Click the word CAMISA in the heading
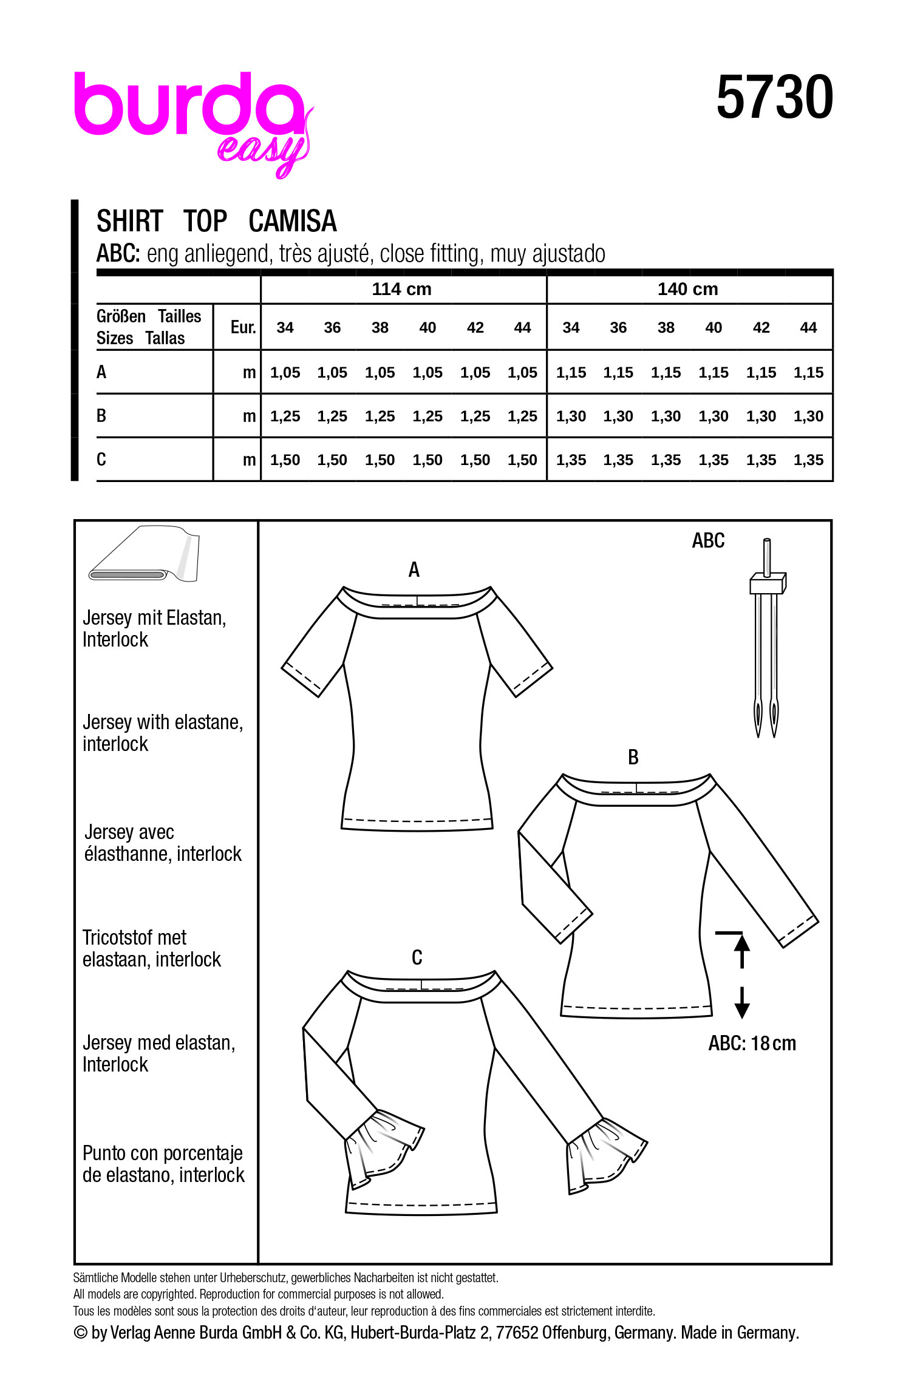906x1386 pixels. pyautogui.click(x=292, y=221)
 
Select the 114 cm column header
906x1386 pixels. pyautogui.click(x=401, y=289)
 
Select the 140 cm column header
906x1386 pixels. pyautogui.click(x=687, y=289)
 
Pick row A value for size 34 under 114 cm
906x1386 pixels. pyautogui.click(x=285, y=373)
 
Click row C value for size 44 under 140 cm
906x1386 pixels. pyautogui.click(x=808, y=460)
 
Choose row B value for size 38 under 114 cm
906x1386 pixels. pyautogui.click(x=380, y=416)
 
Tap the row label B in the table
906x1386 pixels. pyautogui.click(x=101, y=416)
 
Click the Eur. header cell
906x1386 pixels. pyautogui.click(x=243, y=328)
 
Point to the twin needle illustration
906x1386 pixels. pyautogui.click(x=766, y=637)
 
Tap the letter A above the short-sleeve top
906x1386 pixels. pyautogui.click(x=414, y=569)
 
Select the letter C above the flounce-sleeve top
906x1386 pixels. pyautogui.click(x=417, y=957)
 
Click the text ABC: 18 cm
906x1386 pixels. pyautogui.click(x=752, y=1044)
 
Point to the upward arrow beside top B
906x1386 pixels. pyautogui.click(x=741, y=950)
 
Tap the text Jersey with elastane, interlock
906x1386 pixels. pyautogui.click(x=162, y=733)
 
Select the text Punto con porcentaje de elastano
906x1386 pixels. pyautogui.click(x=163, y=1164)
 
